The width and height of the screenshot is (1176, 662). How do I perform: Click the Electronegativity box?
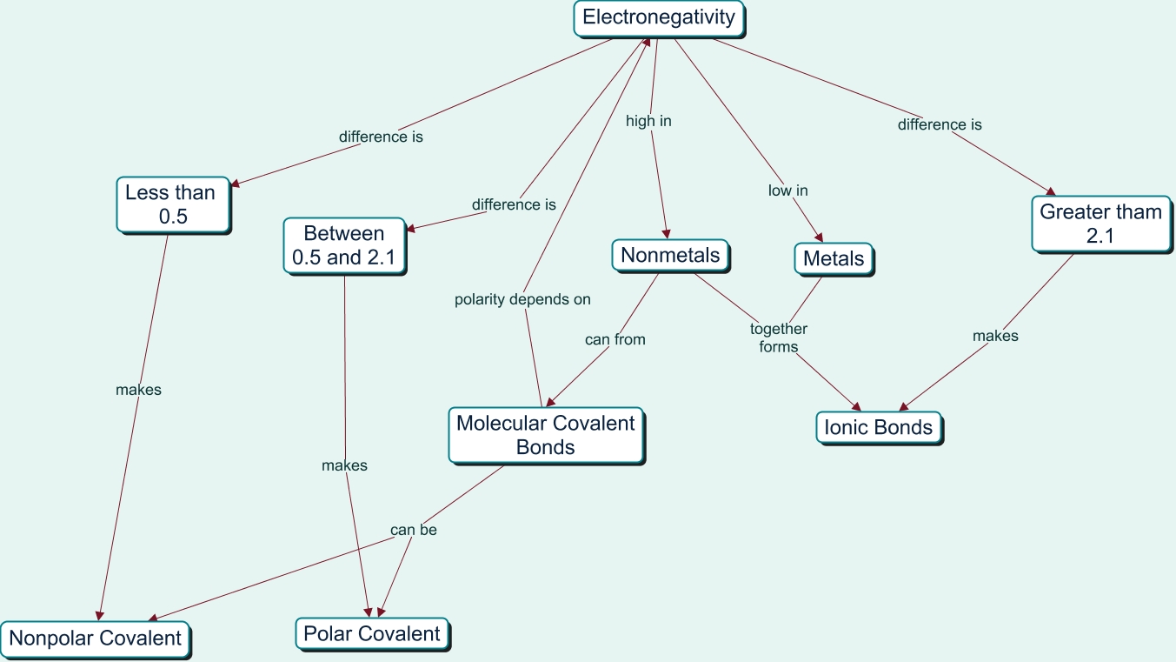tap(659, 17)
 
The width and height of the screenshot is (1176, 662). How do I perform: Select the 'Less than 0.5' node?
tap(173, 204)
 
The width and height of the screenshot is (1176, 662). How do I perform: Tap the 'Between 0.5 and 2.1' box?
tap(344, 246)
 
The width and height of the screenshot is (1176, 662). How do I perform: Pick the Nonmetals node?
tap(670, 256)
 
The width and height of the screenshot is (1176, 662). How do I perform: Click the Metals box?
tap(834, 258)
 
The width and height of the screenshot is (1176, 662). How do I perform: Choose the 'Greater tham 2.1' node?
tap(1100, 224)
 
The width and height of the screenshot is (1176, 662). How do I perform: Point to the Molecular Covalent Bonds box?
tap(546, 435)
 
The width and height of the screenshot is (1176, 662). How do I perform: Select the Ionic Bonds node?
tap(878, 427)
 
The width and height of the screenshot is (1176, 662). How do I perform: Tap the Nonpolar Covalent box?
tap(95, 639)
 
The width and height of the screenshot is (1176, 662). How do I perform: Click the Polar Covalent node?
tap(372, 634)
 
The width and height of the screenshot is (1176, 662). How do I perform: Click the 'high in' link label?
tap(648, 122)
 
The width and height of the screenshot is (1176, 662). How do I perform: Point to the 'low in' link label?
tap(788, 191)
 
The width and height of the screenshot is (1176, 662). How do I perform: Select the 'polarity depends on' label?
tap(522, 299)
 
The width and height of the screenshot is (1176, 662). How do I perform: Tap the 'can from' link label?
tap(615, 339)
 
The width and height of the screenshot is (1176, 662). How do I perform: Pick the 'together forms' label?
tap(779, 338)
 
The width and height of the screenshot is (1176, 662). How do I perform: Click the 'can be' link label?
tap(414, 530)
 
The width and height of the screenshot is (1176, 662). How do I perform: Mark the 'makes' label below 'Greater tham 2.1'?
tap(995, 336)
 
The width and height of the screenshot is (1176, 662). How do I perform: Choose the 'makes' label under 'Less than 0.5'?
tap(138, 390)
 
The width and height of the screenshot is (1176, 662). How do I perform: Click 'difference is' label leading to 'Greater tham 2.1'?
tap(940, 124)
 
